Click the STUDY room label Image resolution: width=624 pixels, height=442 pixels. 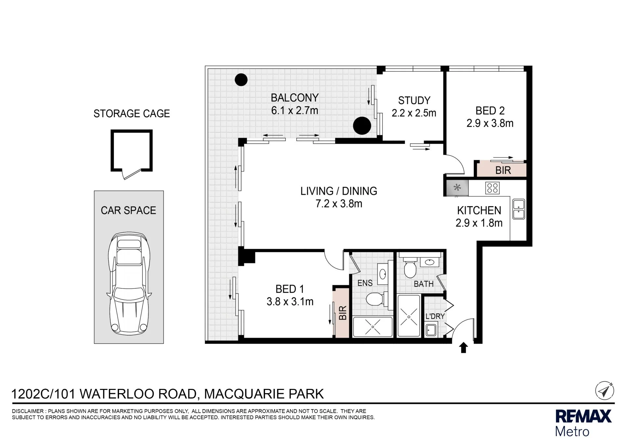(414, 100)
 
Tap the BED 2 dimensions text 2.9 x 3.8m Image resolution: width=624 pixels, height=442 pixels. (490, 123)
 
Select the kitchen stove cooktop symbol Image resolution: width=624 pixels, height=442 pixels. (492, 188)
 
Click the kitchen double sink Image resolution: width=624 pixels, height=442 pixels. (519, 209)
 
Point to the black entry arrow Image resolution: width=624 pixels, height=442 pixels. (463, 348)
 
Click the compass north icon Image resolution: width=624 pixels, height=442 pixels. (604, 391)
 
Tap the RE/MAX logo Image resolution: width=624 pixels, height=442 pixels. (583, 422)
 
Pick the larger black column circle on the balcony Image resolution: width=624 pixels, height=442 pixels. (362, 125)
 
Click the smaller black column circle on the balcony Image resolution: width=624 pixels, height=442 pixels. (241, 79)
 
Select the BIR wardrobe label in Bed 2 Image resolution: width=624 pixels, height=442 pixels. (503, 170)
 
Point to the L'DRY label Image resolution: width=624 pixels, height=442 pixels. (435, 316)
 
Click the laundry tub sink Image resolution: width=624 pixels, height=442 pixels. (431, 330)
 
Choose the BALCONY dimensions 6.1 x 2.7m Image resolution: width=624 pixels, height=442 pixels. (295, 110)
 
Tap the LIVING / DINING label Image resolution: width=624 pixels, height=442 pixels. (339, 191)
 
